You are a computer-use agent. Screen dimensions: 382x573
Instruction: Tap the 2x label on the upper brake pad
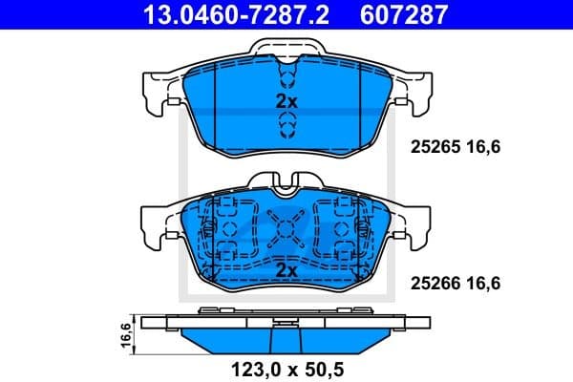point(286,100)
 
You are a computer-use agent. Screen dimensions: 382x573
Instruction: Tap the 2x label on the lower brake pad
point(286,271)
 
